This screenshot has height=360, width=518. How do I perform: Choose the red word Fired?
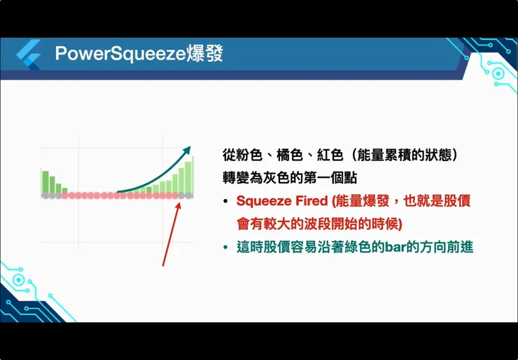tap(310, 201)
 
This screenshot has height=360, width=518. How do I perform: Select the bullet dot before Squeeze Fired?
tap(225, 202)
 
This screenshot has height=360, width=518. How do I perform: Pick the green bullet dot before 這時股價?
tap(225, 248)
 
